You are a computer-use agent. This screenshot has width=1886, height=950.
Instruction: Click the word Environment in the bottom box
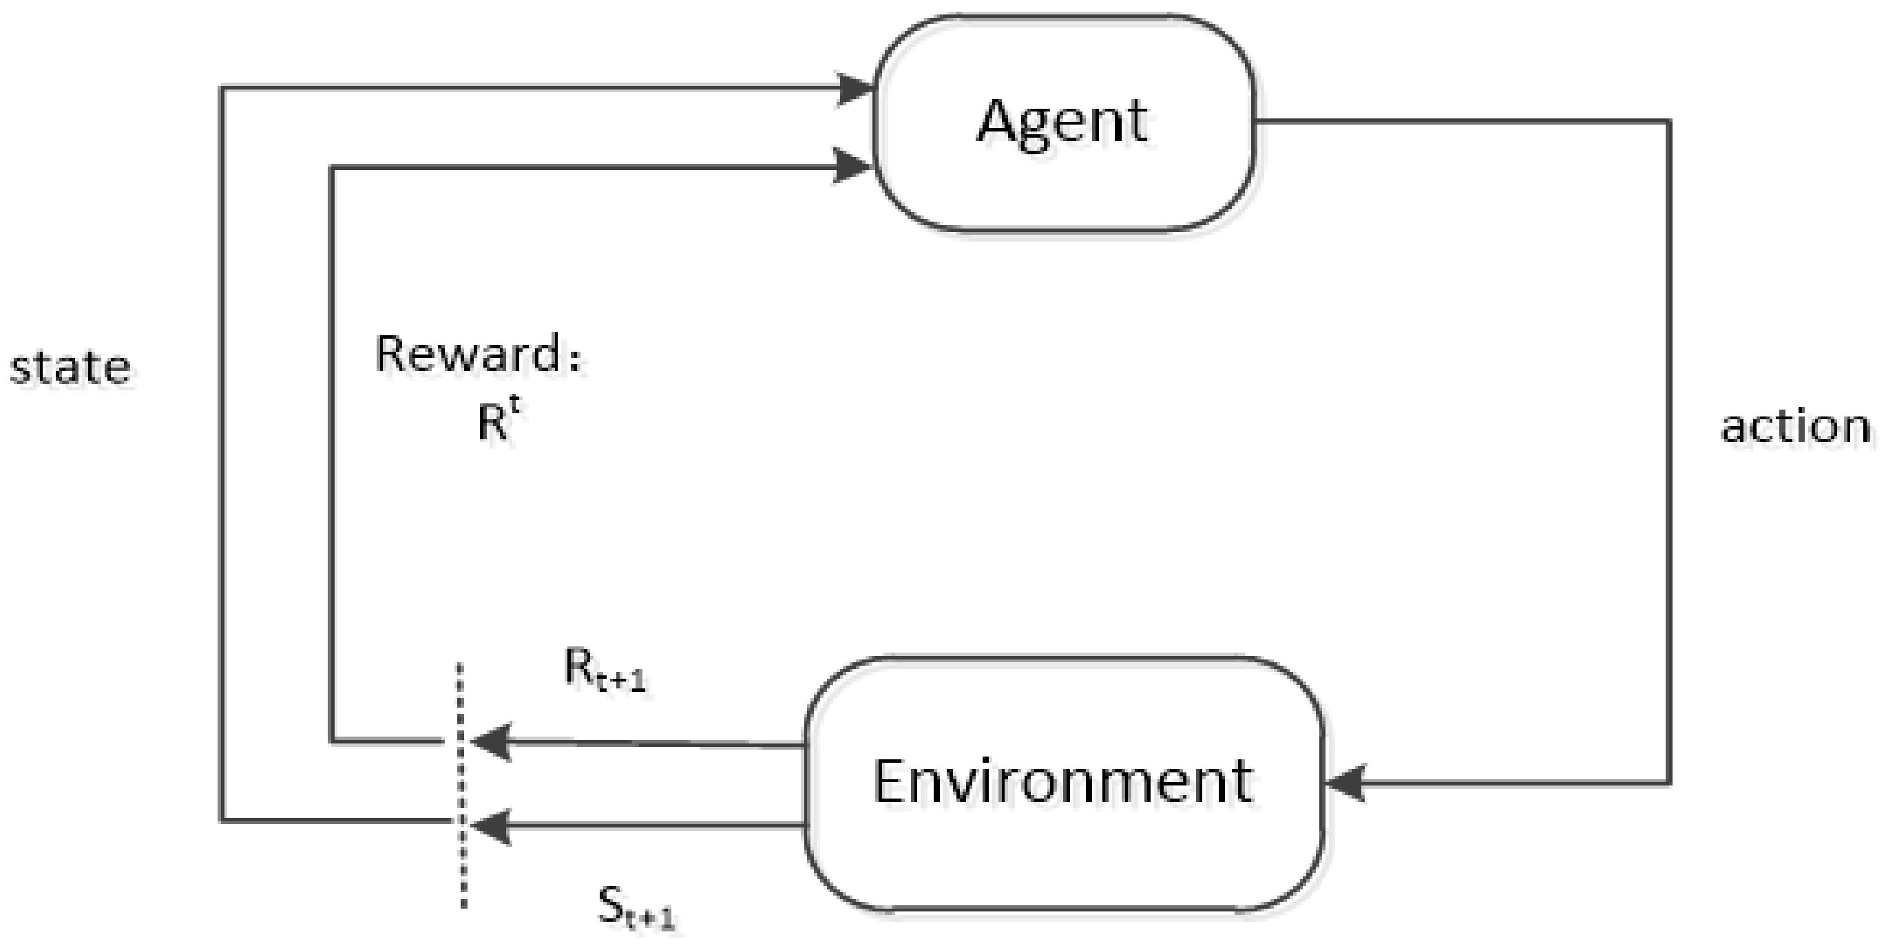(1062, 781)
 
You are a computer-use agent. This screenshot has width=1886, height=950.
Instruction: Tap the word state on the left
(70, 368)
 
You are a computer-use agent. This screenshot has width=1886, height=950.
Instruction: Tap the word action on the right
(1795, 427)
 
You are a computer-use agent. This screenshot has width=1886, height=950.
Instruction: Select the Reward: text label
(477, 355)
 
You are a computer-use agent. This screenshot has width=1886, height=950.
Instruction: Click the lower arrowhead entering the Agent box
(853, 167)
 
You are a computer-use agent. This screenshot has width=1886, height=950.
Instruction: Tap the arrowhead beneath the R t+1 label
(490, 742)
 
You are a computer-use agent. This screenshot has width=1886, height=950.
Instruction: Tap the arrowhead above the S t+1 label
(490, 826)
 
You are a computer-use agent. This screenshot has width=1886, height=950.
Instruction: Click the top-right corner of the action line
(1669, 121)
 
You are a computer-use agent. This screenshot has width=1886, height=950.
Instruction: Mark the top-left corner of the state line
(222, 89)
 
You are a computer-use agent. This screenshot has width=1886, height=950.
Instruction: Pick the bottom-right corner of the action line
(1669, 783)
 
